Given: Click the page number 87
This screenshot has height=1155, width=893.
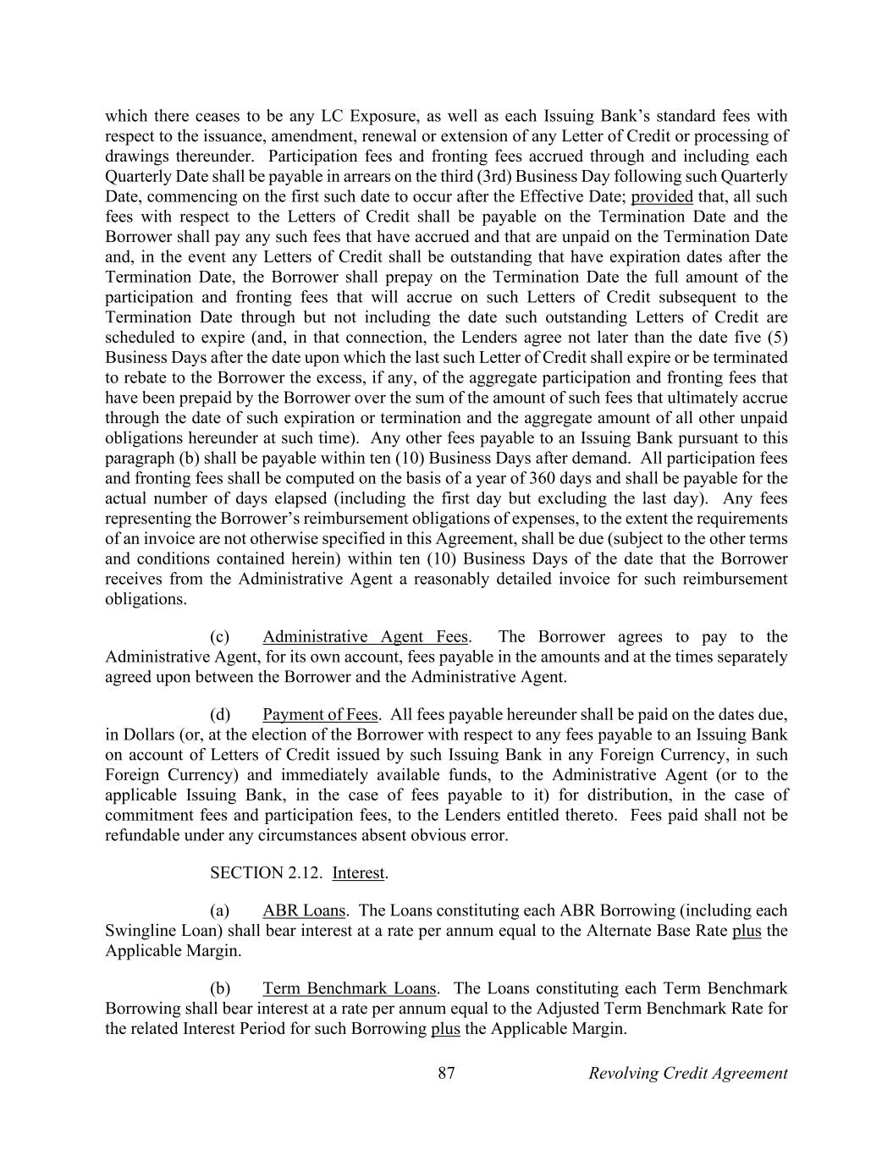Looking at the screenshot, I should pyautogui.click(x=447, y=1073).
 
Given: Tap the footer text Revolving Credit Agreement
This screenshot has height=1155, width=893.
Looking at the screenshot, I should pyautogui.click(x=687, y=1073).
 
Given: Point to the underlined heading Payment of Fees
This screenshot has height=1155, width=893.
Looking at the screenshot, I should pyautogui.click(x=320, y=714).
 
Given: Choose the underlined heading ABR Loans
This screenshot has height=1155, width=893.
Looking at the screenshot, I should pyautogui.click(x=304, y=910).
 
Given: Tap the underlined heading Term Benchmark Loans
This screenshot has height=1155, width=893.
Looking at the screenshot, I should pyautogui.click(x=349, y=988).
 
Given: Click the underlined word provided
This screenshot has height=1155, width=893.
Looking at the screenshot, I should pyautogui.click(x=662, y=196).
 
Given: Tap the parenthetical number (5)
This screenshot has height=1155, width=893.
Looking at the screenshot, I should pyautogui.click(x=776, y=337).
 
